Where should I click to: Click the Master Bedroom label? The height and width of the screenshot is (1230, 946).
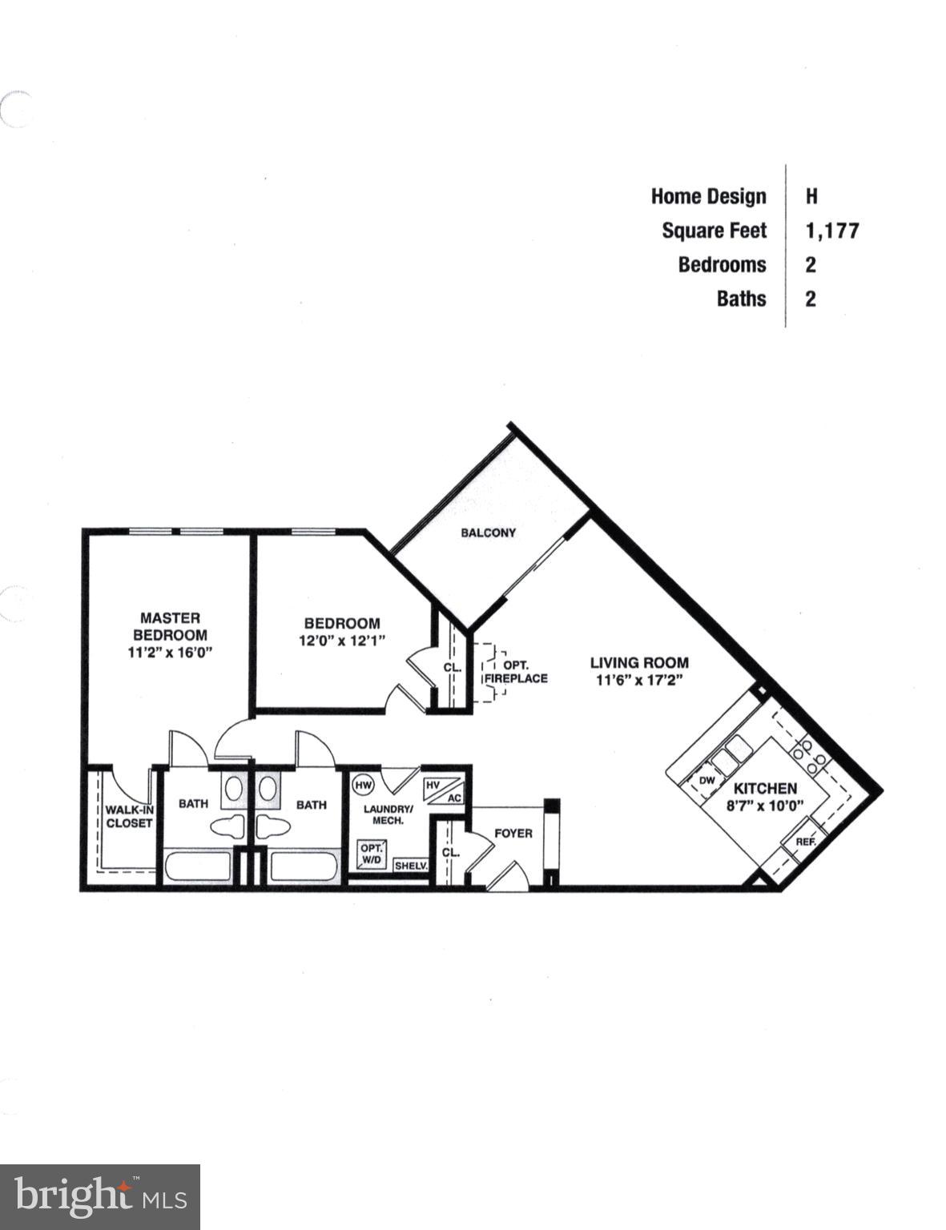169,625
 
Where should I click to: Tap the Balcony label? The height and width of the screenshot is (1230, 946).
488,533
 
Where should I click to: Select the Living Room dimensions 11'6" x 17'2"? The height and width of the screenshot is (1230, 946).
638,681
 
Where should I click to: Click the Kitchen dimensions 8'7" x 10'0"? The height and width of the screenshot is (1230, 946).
765,806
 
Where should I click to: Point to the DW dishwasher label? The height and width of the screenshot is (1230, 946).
706,780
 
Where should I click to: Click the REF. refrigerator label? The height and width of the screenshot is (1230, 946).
804,842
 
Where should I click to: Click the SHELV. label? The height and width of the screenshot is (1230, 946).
411,866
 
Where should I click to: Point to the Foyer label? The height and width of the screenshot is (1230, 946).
513,834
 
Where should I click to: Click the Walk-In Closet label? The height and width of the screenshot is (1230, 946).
129,816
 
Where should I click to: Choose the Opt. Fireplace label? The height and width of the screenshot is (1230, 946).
515,672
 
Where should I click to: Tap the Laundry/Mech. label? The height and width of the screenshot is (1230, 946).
388,814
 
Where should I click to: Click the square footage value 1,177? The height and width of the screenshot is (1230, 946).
832,231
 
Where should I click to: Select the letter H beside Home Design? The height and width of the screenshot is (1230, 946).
811,196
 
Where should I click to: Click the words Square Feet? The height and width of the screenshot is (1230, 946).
714,231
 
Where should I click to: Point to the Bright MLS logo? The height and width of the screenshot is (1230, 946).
99,1197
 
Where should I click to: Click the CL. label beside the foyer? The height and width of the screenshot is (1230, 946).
450,852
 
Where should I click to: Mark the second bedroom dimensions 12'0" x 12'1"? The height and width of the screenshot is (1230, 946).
342,640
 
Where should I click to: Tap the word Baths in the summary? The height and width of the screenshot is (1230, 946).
741,299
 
